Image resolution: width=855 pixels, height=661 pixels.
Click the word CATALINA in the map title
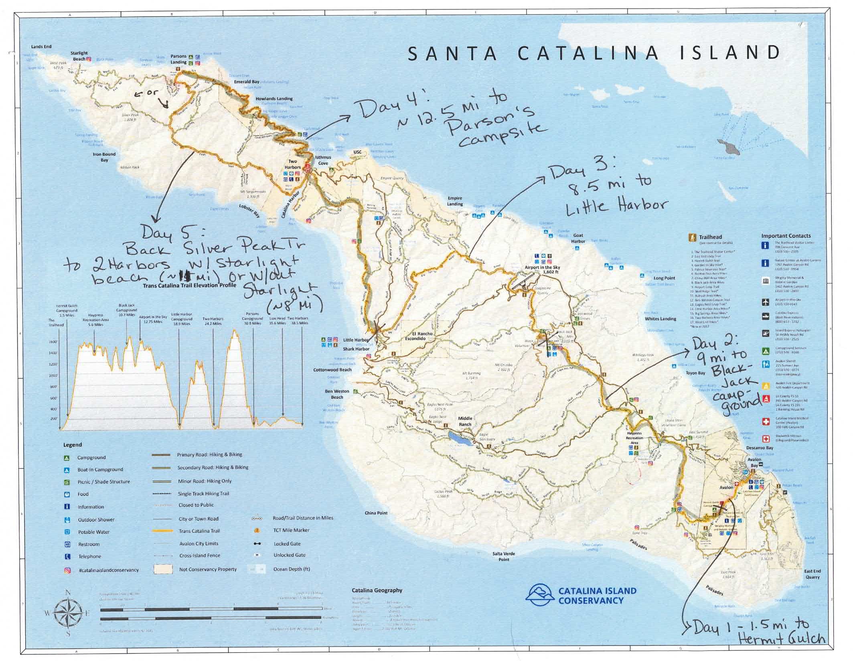(x=588, y=53)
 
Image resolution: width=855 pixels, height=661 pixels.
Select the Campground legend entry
(x=91, y=458)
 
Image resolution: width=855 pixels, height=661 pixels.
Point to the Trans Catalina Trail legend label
(x=199, y=531)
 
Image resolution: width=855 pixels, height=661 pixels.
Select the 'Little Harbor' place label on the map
(x=356, y=340)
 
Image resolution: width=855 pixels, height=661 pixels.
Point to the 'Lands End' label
(x=41, y=47)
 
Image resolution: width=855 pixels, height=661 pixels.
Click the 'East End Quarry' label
(x=812, y=574)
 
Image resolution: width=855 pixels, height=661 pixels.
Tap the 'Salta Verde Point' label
(x=504, y=556)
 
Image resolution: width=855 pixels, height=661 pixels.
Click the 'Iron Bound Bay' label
(x=104, y=157)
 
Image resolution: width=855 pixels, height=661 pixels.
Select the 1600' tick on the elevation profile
(x=53, y=342)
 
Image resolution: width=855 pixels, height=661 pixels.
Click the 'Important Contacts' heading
(x=786, y=236)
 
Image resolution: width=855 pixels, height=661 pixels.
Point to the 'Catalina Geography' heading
(x=377, y=590)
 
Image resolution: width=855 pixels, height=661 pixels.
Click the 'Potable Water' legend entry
(x=93, y=532)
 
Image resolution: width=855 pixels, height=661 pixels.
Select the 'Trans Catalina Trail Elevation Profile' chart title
(x=189, y=285)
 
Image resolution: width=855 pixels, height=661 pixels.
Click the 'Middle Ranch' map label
(x=465, y=421)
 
